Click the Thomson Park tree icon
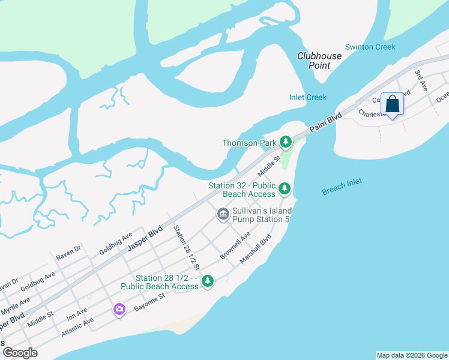click(286, 142)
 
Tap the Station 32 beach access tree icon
click(285, 190)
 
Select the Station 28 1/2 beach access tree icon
click(208, 281)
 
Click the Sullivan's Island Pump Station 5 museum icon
click(223, 214)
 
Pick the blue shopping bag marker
click(392, 104)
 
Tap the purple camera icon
click(119, 309)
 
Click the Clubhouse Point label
click(319, 61)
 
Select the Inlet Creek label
click(307, 97)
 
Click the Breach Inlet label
click(342, 187)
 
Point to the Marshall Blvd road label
click(256, 248)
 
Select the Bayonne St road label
click(149, 304)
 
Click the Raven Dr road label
click(68, 252)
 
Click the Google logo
click(20, 353)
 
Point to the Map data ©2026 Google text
click(412, 355)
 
